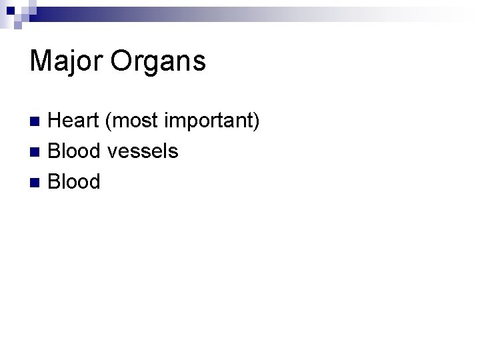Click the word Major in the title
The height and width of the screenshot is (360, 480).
66,61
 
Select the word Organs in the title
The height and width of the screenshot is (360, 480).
159,61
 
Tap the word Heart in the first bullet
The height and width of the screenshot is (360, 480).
75,121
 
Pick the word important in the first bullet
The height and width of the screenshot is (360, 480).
205,121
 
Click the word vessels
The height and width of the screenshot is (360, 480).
142,151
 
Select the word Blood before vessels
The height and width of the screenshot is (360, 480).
75,151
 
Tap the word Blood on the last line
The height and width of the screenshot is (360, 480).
75,181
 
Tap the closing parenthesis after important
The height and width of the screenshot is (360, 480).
255,121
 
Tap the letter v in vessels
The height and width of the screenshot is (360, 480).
111,152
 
